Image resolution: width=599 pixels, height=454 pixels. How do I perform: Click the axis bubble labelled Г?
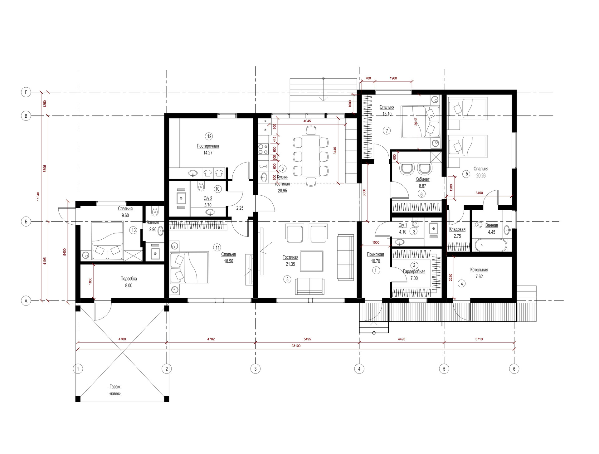tap(26, 92)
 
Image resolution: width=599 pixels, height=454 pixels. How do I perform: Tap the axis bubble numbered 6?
tap(514, 369)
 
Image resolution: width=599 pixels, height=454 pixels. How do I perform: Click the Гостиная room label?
tap(290, 257)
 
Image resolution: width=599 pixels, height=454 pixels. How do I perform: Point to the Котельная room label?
tap(479, 270)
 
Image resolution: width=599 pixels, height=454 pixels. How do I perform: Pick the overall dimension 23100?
tap(296, 346)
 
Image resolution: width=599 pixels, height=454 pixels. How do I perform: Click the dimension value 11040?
tap(38, 196)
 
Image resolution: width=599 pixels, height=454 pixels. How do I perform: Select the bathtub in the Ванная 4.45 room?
tap(490, 246)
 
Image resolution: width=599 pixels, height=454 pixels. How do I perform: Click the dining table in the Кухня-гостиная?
tap(311, 156)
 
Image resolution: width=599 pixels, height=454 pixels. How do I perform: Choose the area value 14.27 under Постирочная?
tap(208, 153)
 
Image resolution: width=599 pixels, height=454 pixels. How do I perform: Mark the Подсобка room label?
tap(129, 279)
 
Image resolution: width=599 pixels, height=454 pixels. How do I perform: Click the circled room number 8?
tap(288, 279)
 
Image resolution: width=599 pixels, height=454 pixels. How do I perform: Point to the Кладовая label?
tap(457, 229)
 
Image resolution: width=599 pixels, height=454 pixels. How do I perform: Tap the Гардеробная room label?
tap(414, 272)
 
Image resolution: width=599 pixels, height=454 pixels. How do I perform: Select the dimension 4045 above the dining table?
tap(307, 121)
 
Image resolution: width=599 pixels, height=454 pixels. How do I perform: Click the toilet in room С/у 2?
tap(201, 186)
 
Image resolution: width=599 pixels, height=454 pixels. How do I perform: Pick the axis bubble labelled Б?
tap(26, 222)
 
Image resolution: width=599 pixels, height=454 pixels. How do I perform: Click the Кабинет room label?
tap(422, 179)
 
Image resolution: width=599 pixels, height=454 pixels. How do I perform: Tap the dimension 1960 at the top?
tap(393, 78)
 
